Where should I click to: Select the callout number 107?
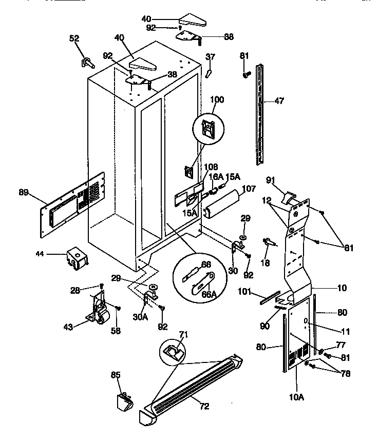[x=249, y=189]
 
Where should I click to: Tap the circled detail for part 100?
[x=210, y=128]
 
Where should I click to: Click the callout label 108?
[x=197, y=167]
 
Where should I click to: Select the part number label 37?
[x=210, y=56]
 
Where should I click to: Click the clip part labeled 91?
[x=290, y=197]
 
